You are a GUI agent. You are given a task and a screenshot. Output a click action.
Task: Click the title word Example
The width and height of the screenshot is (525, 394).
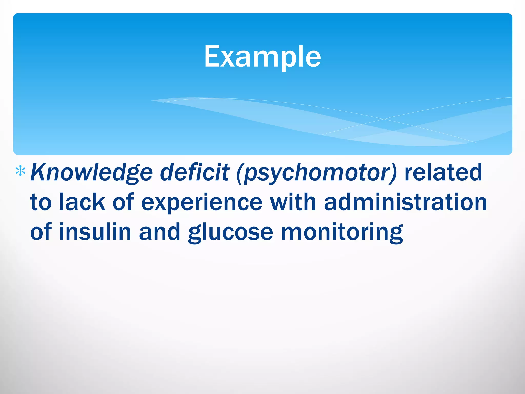262,57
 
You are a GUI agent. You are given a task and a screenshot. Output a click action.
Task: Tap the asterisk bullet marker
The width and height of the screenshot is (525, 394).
20,171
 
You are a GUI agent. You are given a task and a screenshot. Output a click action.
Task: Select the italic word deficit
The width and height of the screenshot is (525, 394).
194,172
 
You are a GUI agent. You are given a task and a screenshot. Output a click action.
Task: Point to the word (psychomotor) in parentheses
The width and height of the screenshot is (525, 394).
317,172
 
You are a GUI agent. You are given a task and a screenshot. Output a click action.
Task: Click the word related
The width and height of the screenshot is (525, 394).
443,172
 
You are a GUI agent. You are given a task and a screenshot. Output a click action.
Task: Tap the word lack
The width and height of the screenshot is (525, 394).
82,202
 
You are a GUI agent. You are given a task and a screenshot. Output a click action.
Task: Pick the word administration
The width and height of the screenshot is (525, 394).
405,202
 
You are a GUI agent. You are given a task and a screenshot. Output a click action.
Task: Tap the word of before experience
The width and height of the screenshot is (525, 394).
123,202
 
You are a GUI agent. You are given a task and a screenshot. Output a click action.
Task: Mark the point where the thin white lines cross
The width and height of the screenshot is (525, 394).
384,119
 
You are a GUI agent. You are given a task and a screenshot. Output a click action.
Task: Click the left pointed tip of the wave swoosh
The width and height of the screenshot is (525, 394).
152,101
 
